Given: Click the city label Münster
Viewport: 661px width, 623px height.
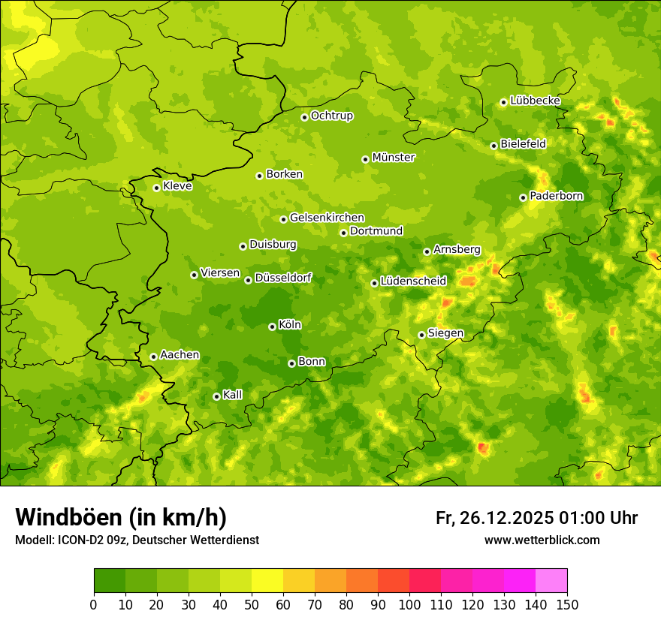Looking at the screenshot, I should coord(394,158).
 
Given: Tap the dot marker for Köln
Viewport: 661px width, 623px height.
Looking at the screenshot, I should coord(272,327).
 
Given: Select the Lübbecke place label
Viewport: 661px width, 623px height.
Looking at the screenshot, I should coord(535,101).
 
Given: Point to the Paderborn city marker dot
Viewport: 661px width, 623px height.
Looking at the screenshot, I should coord(523,197).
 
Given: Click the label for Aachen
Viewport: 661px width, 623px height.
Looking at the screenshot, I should coord(180,355).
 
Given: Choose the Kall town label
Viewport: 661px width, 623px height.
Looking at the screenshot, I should coord(233,395).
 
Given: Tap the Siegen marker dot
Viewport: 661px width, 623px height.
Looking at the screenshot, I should coord(421,335).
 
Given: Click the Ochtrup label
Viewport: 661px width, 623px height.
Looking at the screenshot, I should coord(331,116).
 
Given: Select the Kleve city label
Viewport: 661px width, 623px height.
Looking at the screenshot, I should coord(177,186).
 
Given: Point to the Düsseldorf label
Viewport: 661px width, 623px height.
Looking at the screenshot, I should coord(283,278).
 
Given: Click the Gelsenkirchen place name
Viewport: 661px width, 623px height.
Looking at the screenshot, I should coord(327,218).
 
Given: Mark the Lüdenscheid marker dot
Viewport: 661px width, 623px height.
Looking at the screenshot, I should coord(374,283).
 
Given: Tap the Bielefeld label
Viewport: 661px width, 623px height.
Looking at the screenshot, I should coord(523,144).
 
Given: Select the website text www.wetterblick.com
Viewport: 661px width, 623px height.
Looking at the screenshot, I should coord(542,540).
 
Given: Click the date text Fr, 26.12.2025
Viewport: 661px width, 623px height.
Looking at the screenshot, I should coord(494,518).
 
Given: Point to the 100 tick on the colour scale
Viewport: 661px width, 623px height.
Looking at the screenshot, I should coord(409,604).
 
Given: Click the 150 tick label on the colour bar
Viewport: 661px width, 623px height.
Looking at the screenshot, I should coord(567,604).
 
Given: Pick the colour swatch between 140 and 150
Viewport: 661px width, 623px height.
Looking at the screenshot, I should coord(551,581).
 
